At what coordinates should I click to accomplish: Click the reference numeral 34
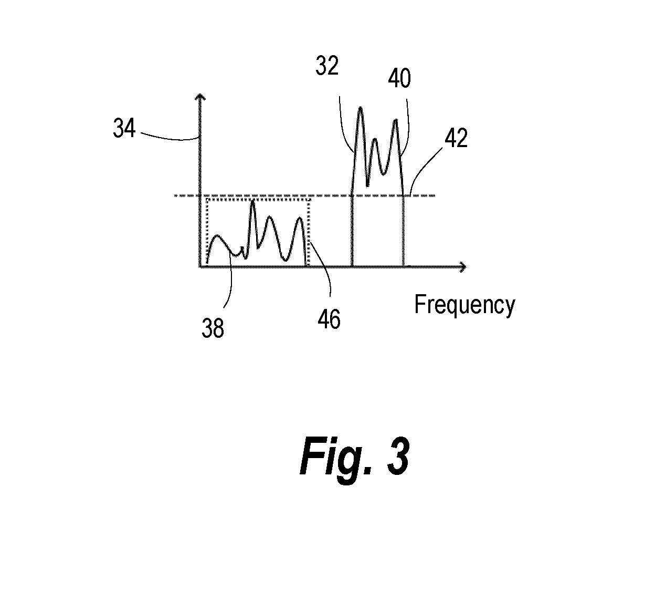pyautogui.click(x=124, y=128)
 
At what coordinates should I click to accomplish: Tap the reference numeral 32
pyautogui.click(x=327, y=66)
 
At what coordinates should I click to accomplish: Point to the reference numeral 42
pyautogui.click(x=456, y=138)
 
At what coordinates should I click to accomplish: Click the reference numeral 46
pyautogui.click(x=329, y=319)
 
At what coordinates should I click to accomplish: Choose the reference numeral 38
pyautogui.click(x=213, y=328)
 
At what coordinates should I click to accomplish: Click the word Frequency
pyautogui.click(x=464, y=305)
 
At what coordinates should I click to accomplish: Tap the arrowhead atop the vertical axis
pyautogui.click(x=200, y=97)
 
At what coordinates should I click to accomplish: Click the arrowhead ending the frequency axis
pyautogui.click(x=463, y=267)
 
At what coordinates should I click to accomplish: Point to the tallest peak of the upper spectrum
pyautogui.click(x=360, y=108)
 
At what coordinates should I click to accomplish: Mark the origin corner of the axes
pyautogui.click(x=200, y=267)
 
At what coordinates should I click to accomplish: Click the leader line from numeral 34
pyautogui.click(x=170, y=137)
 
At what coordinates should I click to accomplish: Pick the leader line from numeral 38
pyautogui.click(x=231, y=281)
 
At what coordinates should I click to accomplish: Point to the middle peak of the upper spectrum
pyautogui.click(x=375, y=140)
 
